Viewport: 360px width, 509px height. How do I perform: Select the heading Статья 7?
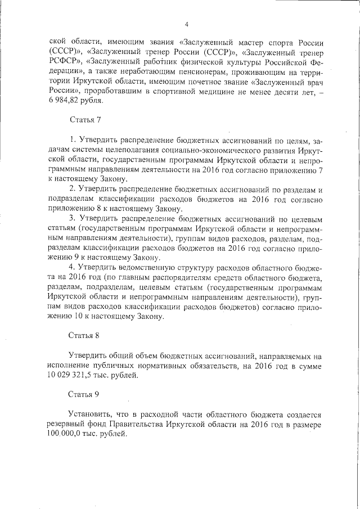pyautogui.click(x=84, y=120)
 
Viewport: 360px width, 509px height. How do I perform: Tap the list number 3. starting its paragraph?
pyautogui.click(x=72, y=218)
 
